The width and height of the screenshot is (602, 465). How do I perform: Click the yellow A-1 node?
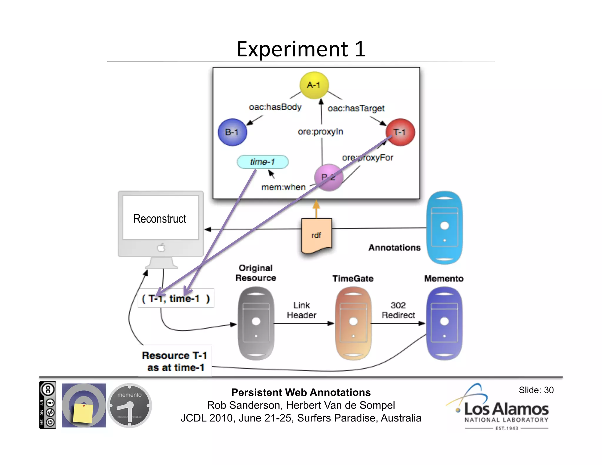coord(314,85)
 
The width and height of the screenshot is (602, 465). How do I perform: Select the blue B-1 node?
coord(232,132)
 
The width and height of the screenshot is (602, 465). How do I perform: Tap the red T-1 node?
coord(400,132)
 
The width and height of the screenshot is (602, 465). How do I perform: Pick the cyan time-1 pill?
coord(262,162)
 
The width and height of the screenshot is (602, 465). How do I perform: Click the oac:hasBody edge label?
coord(275,107)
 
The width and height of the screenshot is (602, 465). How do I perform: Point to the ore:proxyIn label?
coord(320,132)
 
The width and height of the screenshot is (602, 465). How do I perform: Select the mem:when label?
coord(283,187)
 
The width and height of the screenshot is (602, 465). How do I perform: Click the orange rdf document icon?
coord(317,235)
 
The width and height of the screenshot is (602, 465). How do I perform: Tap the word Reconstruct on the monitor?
coord(160,219)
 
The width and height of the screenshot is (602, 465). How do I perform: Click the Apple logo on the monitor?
coord(161,248)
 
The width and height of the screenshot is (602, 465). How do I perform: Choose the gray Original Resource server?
coord(256,323)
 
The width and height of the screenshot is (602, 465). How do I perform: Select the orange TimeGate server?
coord(353,323)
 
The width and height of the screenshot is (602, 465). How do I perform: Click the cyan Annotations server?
coord(444,228)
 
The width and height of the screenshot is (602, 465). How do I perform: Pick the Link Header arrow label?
coord(302,310)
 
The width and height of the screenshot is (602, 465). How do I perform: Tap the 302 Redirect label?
coord(398,310)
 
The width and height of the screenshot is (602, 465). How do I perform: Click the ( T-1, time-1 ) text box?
coord(176,299)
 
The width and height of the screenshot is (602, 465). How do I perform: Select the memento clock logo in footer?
coord(129,405)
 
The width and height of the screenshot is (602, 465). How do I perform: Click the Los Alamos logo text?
coord(506,409)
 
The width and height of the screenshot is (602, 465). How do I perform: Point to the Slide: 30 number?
coord(536,390)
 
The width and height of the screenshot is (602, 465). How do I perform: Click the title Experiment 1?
coord(301,49)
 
